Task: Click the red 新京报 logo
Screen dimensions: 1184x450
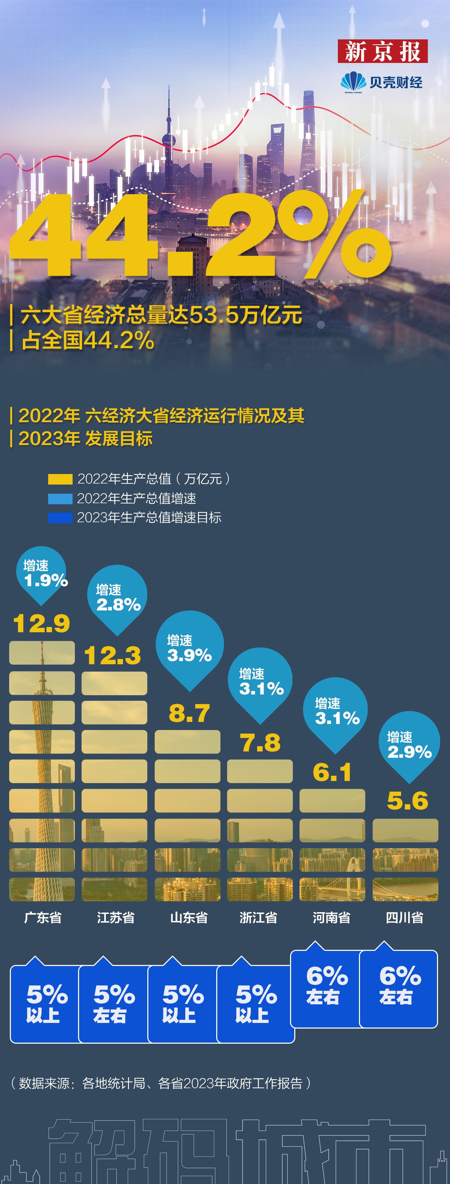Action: (382, 51)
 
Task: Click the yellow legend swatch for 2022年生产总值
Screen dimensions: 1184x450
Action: (60, 479)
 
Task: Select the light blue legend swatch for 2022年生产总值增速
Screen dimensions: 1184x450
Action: (60, 499)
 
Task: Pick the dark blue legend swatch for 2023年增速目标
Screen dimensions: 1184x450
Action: (60, 518)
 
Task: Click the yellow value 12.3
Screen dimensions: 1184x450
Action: (112, 655)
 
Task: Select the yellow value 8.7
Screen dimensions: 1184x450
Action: (189, 713)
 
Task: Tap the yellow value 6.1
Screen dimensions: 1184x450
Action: (332, 772)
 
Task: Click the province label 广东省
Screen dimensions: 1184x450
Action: (43, 918)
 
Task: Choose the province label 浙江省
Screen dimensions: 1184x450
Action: (258, 918)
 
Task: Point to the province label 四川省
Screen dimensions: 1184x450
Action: (405, 918)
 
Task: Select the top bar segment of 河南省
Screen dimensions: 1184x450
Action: (332, 801)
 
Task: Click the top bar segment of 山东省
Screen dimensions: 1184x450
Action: (187, 742)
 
